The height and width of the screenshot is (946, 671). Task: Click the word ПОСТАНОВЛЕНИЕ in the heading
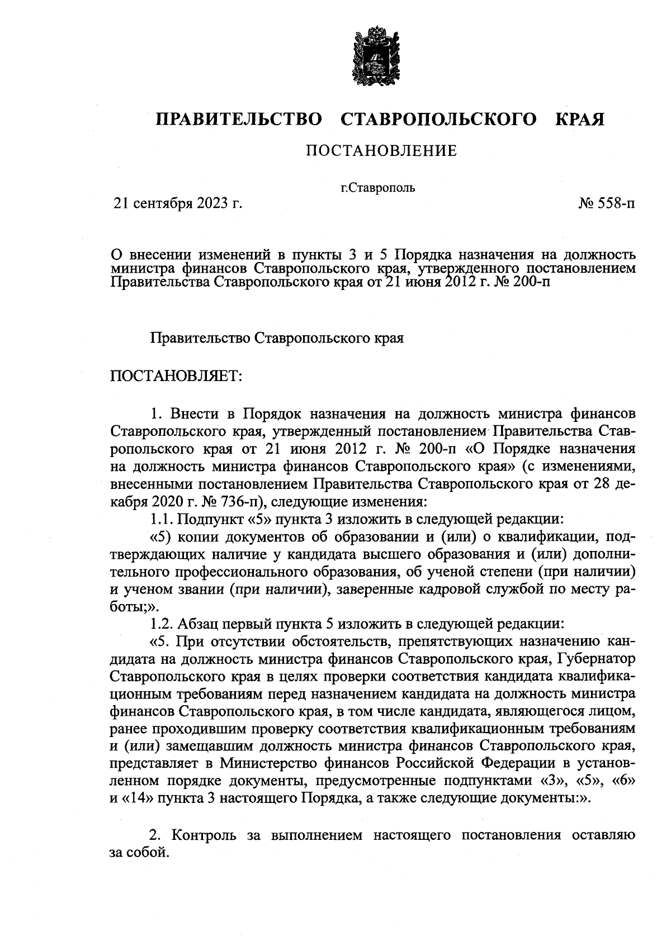(x=381, y=151)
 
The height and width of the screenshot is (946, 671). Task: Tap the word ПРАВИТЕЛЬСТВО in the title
(x=239, y=119)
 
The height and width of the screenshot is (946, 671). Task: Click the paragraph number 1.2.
(x=163, y=622)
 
